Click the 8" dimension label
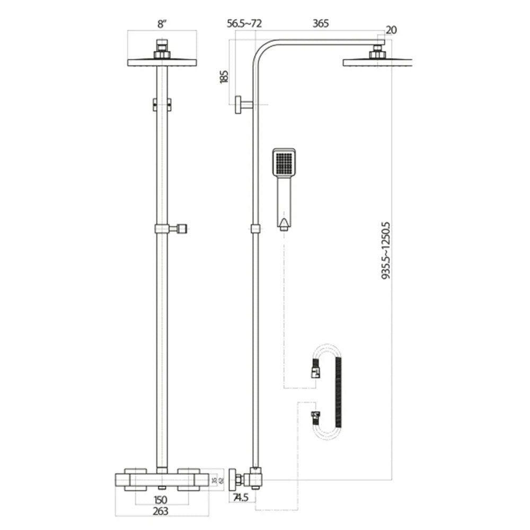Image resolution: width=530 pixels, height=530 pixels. click(162, 23)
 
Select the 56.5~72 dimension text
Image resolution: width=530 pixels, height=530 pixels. click(245, 23)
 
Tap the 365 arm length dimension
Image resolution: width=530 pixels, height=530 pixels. click(321, 23)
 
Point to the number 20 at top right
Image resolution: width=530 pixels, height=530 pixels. click(391, 30)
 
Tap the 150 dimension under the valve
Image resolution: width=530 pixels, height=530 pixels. click(161, 499)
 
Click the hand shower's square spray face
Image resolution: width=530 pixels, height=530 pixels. click(284, 164)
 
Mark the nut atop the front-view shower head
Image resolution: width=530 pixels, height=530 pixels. click(162, 49)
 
